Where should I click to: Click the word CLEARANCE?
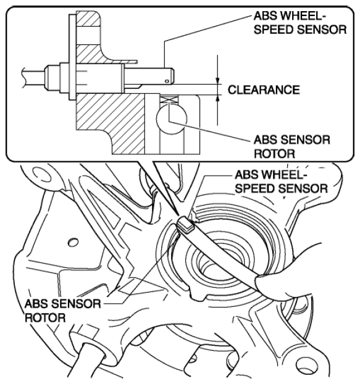coord(264,90)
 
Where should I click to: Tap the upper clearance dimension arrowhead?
coord(217,81)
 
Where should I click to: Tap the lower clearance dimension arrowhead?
coord(217,98)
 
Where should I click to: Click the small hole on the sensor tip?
coord(167,81)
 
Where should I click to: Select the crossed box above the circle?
coord(169,99)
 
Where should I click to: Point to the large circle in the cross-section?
coord(172,119)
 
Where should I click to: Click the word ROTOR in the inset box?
coord(274,154)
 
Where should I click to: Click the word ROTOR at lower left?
coord(45,318)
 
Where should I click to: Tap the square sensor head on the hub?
coord(185,225)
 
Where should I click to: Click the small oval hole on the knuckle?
coord(73,242)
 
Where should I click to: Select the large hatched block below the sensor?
coord(110,123)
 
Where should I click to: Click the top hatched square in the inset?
coord(88,19)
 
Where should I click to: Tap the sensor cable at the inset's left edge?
coord(35,77)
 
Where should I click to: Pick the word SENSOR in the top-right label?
coord(322,30)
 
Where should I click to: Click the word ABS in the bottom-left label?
coord(36,304)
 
